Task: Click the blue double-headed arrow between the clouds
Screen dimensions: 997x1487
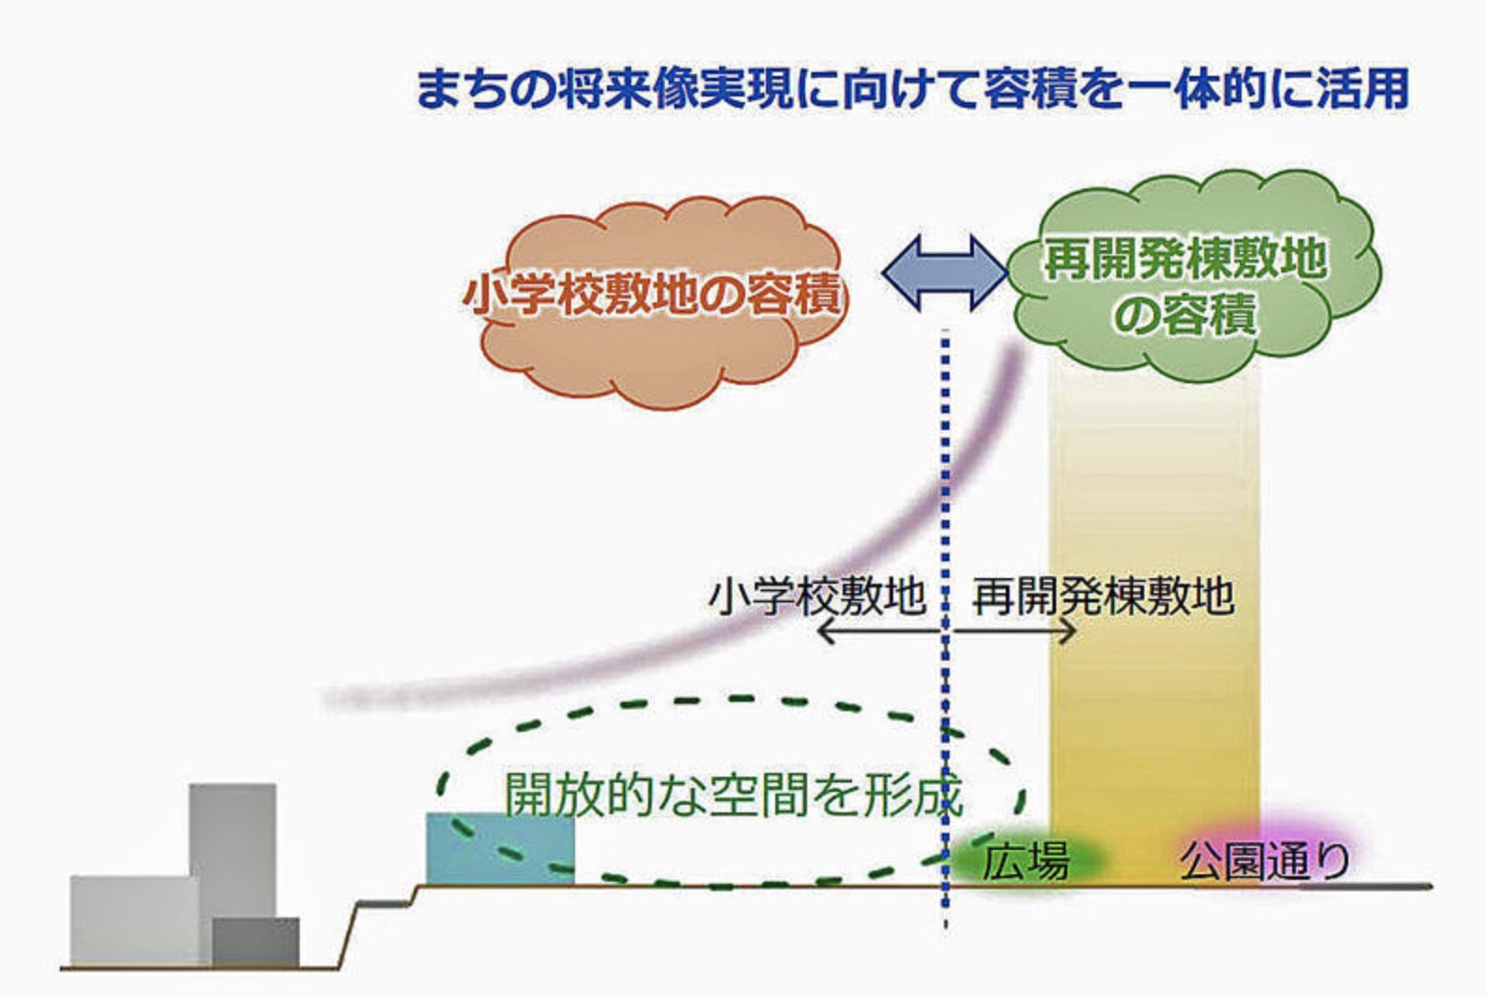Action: pyautogui.click(x=944, y=273)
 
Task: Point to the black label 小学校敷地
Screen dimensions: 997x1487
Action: pyautogui.click(x=817, y=595)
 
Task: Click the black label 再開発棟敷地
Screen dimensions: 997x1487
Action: pyautogui.click(x=1103, y=595)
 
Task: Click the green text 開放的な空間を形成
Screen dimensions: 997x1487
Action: pyautogui.click(x=733, y=795)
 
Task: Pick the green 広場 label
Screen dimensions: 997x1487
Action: pyautogui.click(x=1024, y=860)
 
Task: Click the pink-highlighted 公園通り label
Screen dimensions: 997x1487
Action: pyautogui.click(x=1264, y=860)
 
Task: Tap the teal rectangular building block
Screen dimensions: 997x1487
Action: pyautogui.click(x=499, y=848)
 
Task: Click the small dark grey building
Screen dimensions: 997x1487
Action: pyautogui.click(x=255, y=942)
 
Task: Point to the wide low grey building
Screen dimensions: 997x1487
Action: pyautogui.click(x=131, y=918)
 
